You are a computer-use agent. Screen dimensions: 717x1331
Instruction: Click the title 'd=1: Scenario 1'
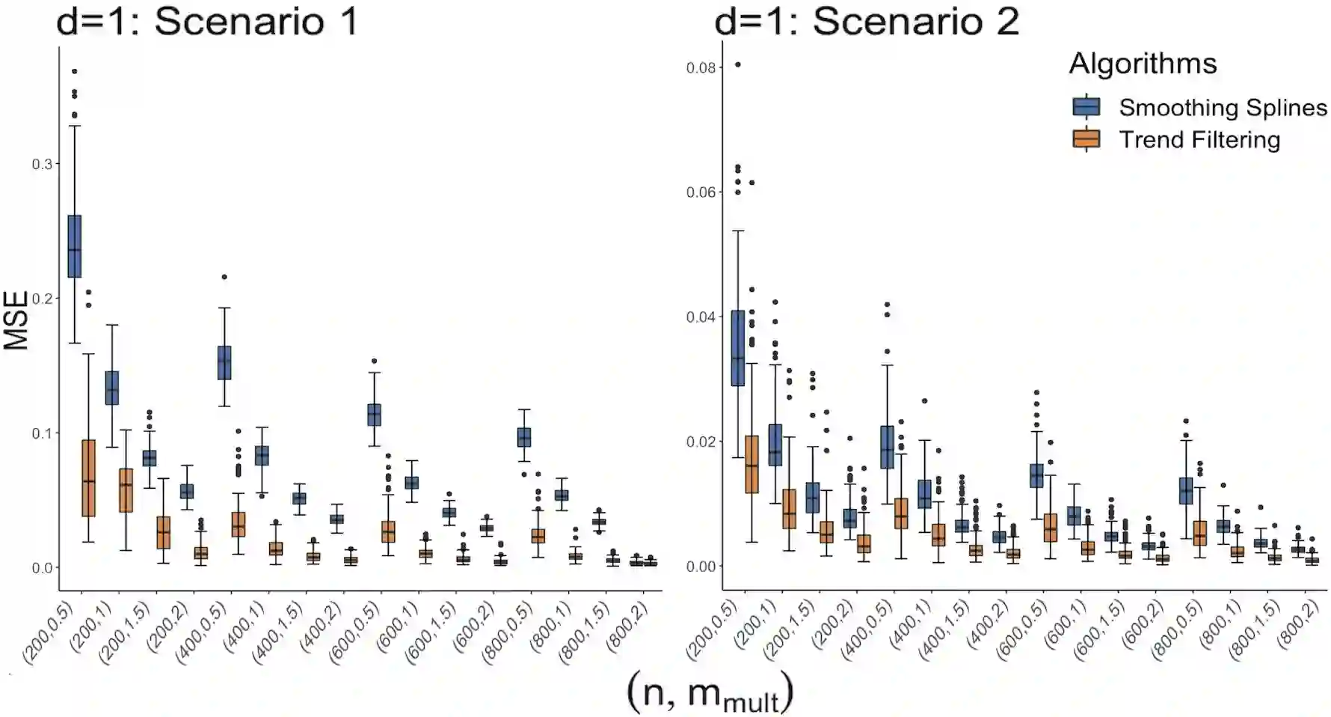click(x=207, y=21)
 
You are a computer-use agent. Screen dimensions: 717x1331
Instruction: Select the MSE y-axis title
click(x=16, y=320)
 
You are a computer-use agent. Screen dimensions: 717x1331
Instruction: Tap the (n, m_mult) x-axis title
click(x=709, y=693)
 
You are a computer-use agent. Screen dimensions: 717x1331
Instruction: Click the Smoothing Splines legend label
click(x=1222, y=108)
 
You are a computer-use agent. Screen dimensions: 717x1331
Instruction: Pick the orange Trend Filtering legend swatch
click(x=1086, y=140)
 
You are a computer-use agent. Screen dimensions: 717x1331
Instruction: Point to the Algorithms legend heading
click(x=1143, y=64)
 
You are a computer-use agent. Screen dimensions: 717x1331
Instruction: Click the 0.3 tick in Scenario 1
click(x=42, y=164)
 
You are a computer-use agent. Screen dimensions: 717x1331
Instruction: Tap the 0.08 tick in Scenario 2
click(x=701, y=68)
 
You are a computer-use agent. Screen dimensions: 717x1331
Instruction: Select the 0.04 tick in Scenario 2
click(x=701, y=317)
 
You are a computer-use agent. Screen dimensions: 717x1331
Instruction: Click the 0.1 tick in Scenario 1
click(x=42, y=433)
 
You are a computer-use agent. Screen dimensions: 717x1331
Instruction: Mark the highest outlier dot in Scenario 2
click(x=738, y=65)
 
